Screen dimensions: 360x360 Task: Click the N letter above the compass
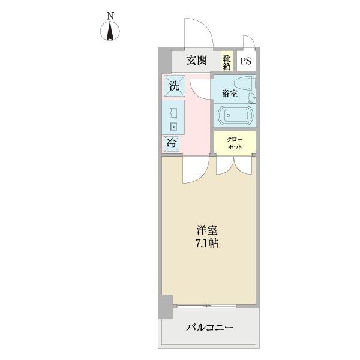[x=110, y=16]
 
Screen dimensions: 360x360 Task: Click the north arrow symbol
[x=110, y=32]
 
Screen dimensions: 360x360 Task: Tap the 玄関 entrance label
[x=196, y=60]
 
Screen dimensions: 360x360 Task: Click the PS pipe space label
[x=246, y=61]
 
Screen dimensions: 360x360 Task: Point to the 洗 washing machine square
[x=173, y=86]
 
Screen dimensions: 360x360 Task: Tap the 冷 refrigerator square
[x=172, y=144]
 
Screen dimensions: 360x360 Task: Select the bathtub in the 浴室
[x=235, y=115]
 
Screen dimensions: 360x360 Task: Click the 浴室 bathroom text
[x=229, y=94]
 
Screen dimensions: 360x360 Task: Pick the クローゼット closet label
[x=235, y=143]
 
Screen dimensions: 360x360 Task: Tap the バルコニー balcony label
[x=209, y=328]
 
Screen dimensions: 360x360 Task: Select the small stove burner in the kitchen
[x=173, y=126]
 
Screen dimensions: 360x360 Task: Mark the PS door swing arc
[x=248, y=41]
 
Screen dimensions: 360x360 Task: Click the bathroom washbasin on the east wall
[x=254, y=97]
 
